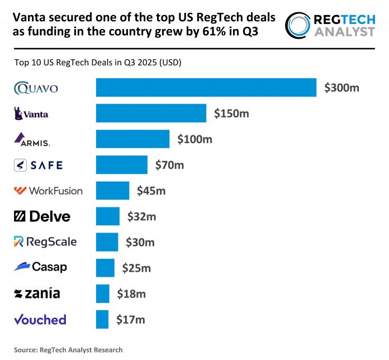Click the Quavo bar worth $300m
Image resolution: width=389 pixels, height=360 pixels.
206,88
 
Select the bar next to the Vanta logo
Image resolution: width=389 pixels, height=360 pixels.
151,113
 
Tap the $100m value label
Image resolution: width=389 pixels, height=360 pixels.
194,139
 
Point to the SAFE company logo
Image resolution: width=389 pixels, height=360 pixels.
38,165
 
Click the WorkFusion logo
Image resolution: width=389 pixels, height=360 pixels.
48,191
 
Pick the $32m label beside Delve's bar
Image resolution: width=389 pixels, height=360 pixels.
144,216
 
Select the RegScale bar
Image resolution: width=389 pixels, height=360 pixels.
107,242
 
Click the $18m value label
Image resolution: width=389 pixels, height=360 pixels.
131,293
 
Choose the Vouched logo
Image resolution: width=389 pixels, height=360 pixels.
40,319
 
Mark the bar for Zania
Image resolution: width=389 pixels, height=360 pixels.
102,293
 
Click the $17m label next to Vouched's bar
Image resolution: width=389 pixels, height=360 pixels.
131,319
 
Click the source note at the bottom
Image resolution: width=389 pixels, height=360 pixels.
68,350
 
